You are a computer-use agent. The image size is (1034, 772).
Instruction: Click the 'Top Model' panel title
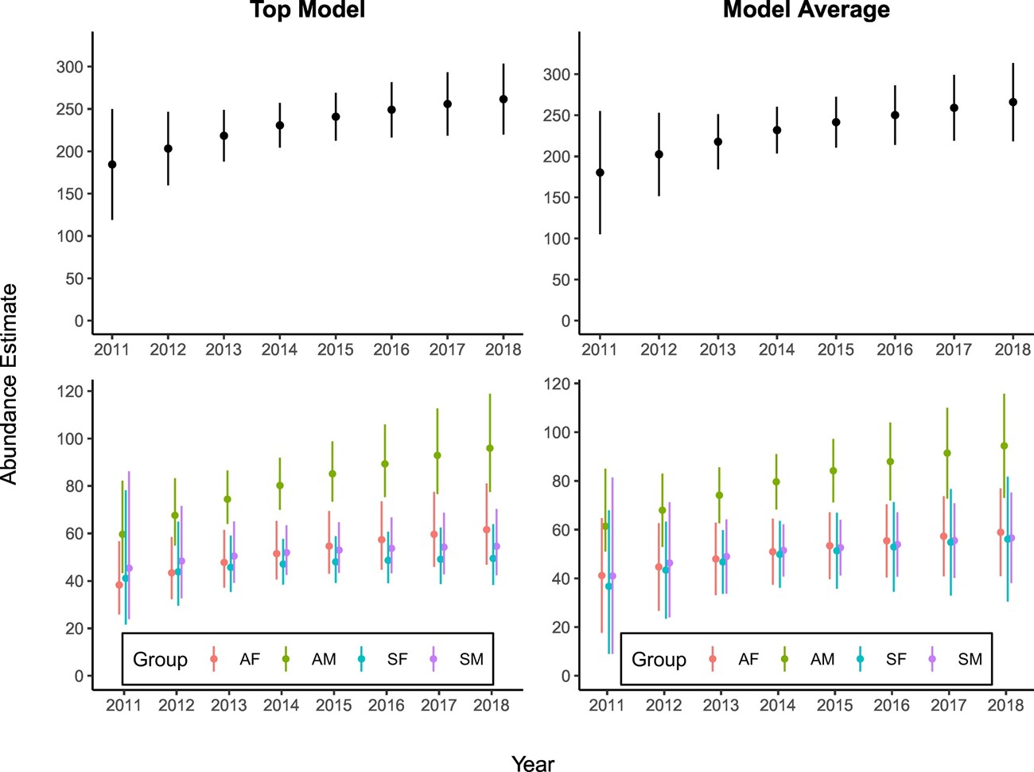point(308,10)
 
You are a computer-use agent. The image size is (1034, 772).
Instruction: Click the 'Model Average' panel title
point(806,10)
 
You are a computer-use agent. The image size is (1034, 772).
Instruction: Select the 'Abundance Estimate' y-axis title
point(10,384)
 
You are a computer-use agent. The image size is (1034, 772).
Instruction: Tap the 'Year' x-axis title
point(533,763)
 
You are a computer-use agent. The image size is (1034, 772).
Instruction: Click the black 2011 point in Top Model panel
point(112,165)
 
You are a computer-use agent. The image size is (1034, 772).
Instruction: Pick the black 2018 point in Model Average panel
point(1013,102)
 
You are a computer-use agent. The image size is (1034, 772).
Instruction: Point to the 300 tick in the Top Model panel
point(69,67)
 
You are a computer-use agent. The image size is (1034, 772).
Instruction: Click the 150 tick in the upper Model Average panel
point(556,197)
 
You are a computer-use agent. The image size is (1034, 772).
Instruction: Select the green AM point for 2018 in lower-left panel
point(490,448)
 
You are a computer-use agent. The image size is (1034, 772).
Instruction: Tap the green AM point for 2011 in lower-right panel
point(605,526)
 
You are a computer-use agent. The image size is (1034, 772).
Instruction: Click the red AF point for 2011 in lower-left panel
point(119,585)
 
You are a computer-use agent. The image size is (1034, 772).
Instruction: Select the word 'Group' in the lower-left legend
point(160,659)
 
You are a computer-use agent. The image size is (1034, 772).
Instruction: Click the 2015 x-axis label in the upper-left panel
point(335,349)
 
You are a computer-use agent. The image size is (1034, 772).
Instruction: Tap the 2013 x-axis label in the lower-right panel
point(721,705)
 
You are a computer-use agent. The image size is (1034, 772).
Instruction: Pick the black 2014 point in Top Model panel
point(280,125)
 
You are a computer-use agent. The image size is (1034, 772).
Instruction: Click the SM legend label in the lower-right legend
point(970,659)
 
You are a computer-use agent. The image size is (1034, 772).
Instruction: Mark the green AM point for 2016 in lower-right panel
point(890,462)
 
